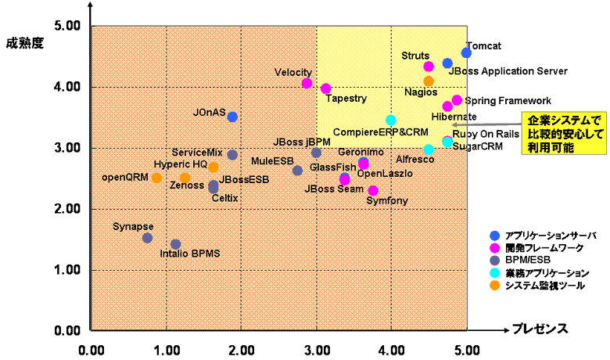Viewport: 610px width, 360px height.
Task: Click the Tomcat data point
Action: tap(466, 52)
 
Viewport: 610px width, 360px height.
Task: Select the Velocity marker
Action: tap(307, 83)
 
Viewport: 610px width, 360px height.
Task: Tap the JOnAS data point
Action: tap(232, 117)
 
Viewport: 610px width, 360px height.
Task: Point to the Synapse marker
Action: tap(147, 238)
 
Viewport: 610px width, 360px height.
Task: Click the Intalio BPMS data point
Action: tap(176, 244)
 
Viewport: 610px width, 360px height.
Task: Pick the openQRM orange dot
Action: tap(156, 178)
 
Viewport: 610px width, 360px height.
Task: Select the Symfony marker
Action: tap(373, 190)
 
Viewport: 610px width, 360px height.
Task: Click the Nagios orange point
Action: tap(429, 81)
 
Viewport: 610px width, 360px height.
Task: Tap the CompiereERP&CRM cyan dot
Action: tap(390, 120)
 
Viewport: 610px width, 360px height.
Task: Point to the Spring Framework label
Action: tap(508, 101)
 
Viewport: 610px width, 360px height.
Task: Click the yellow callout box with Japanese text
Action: tap(562, 134)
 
